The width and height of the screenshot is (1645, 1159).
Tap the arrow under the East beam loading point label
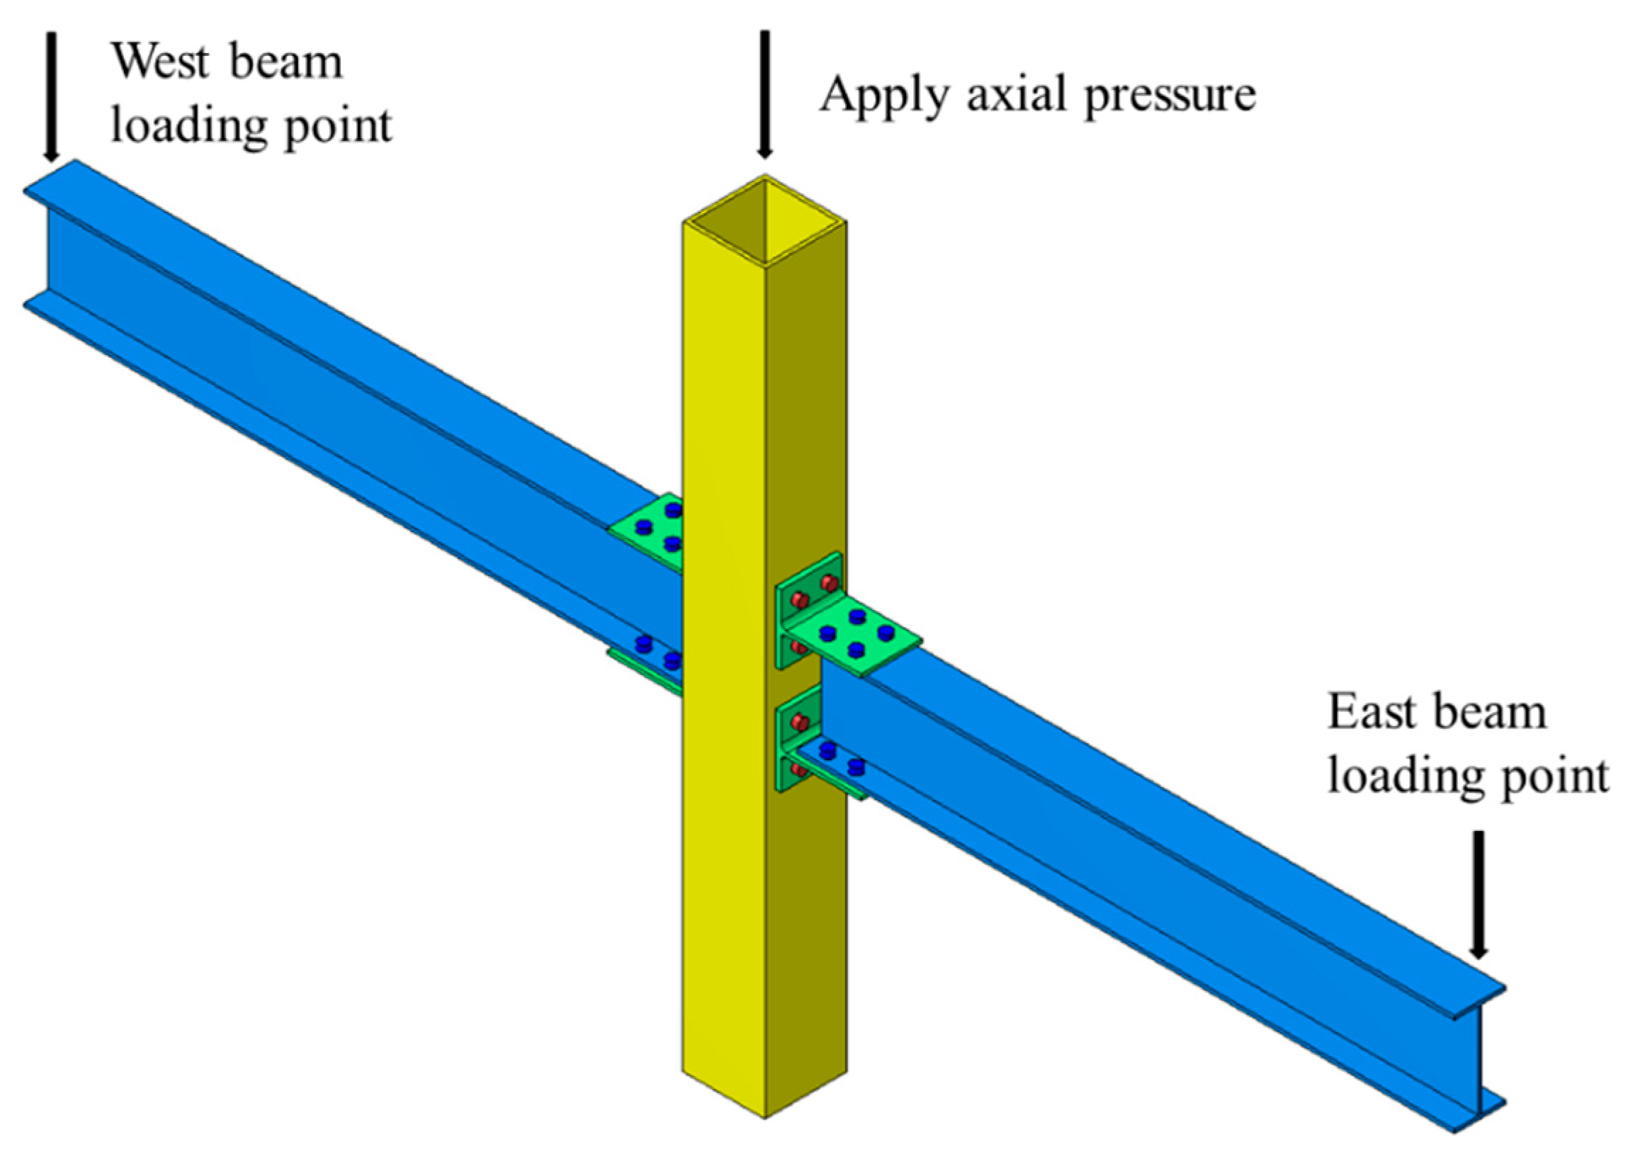click(1478, 895)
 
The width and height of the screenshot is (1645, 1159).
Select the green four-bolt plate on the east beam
click(857, 638)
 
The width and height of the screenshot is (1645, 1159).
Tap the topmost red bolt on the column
click(829, 582)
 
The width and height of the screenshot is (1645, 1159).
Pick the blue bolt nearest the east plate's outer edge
click(886, 633)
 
